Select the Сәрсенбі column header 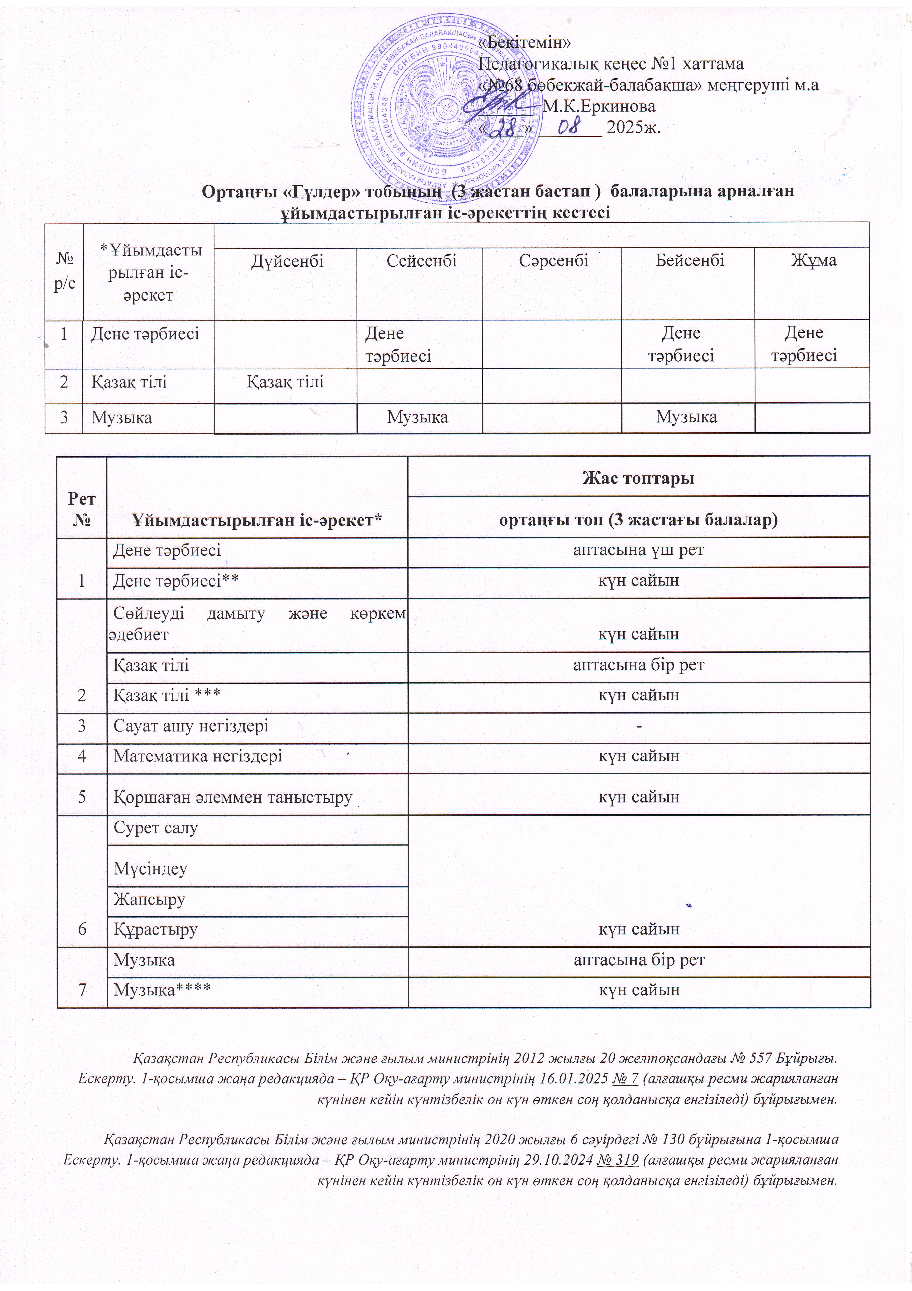(554, 261)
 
